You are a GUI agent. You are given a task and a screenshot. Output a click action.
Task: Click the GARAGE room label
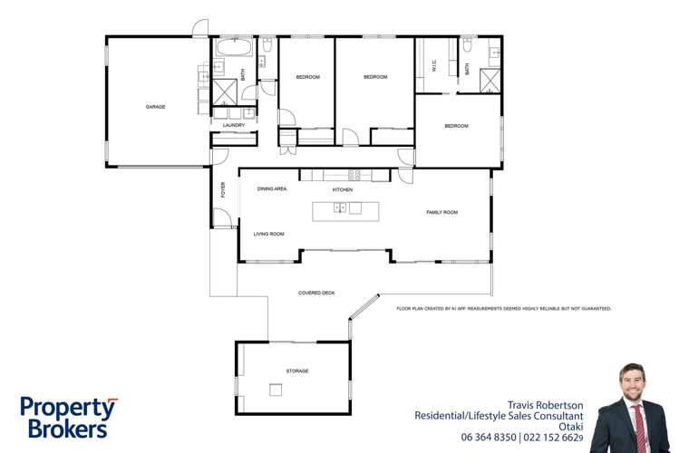[x=155, y=107]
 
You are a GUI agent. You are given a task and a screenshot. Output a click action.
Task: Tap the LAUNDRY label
[x=235, y=126]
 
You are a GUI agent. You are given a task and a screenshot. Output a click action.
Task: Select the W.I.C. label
[x=434, y=66]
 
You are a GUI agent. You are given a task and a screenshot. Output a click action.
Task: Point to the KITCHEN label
[x=342, y=189]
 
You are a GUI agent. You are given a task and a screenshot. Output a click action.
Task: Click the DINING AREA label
[x=272, y=189]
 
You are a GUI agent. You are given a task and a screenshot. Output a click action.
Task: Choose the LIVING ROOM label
[x=268, y=234]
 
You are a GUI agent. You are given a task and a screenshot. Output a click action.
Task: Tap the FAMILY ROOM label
[x=442, y=212]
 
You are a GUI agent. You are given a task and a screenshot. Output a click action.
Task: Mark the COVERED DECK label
[x=316, y=293]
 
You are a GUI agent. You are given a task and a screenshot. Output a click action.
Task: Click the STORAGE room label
[x=297, y=371]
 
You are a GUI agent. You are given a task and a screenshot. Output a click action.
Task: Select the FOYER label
[x=223, y=190]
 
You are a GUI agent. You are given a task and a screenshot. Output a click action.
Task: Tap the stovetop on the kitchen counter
[x=354, y=175]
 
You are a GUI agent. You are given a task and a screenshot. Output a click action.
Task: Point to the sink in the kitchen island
[x=340, y=209]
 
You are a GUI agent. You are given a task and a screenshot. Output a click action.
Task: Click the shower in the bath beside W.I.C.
[x=490, y=82]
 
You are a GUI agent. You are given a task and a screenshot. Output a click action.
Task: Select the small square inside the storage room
[x=275, y=390]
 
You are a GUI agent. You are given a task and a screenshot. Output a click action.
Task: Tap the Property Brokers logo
[x=68, y=418]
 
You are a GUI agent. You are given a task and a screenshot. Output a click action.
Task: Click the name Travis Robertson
[x=544, y=405]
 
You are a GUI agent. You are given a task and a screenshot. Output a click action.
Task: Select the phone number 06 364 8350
[x=488, y=438]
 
